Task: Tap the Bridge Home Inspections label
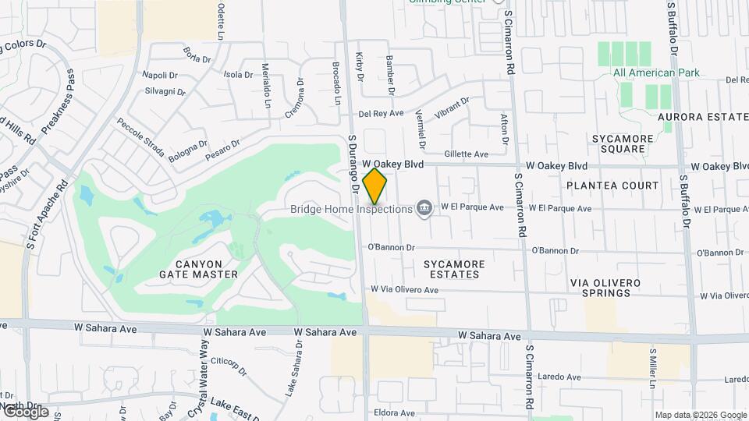350,209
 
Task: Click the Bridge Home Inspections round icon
424,207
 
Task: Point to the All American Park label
656,73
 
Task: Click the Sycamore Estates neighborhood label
454,269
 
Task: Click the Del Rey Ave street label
381,114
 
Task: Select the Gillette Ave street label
466,154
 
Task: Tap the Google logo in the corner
26,411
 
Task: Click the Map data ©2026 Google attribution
700,415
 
